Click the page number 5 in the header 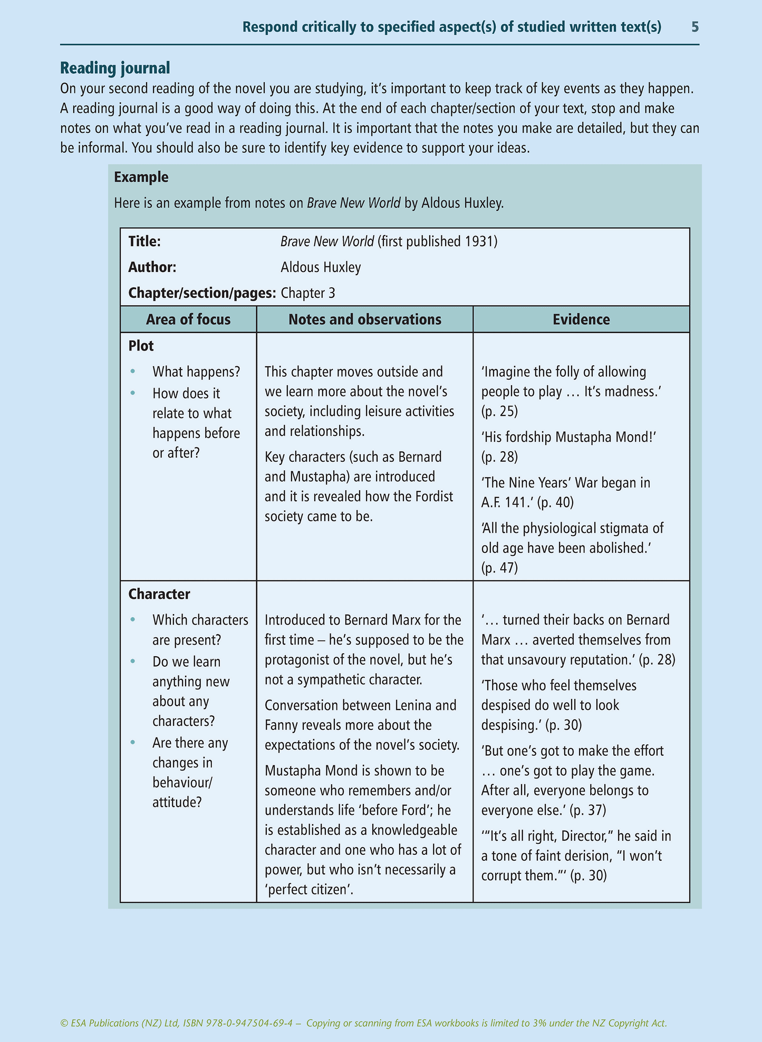695,27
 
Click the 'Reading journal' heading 115,68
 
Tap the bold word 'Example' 141,177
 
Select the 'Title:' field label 144,241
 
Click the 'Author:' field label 152,267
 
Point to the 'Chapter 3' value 308,293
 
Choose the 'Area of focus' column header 188,319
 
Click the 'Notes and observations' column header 365,319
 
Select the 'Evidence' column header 581,319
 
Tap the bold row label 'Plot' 141,346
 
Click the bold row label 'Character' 159,594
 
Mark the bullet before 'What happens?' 133,372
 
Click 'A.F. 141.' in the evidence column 507,502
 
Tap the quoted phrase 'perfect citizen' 308,890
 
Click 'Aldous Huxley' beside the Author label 321,267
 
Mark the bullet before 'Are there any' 133,743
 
